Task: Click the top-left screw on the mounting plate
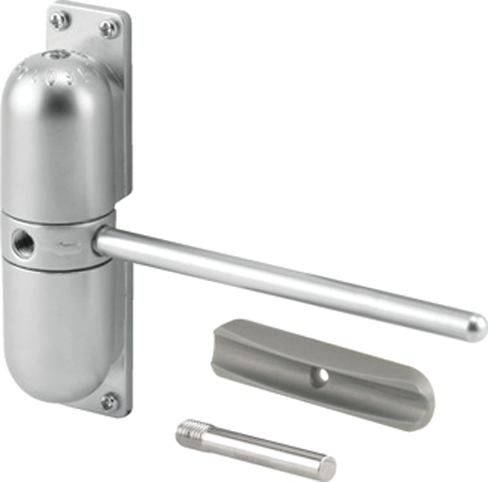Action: click(x=59, y=20)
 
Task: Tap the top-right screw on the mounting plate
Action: click(x=110, y=27)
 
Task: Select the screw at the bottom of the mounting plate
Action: click(x=109, y=401)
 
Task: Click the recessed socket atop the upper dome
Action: click(x=62, y=56)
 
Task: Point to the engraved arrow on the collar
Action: click(x=67, y=245)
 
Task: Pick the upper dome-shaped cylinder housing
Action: click(x=58, y=134)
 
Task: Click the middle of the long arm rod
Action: click(x=287, y=281)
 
